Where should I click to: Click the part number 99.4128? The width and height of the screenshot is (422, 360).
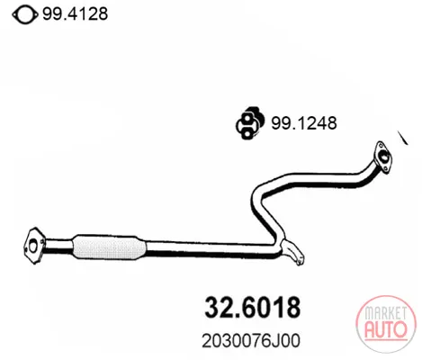[x=75, y=13]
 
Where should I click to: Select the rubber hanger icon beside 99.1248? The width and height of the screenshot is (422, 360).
[x=250, y=123]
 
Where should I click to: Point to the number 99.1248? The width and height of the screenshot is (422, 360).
[x=304, y=123]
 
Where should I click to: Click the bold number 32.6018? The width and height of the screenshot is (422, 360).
[x=252, y=307]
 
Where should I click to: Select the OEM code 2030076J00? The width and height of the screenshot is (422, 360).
[x=251, y=341]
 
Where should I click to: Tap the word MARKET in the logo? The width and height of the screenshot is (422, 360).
[x=386, y=314]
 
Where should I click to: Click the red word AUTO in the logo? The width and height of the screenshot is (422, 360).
[x=386, y=329]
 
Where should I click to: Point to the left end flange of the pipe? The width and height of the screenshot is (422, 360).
[x=34, y=246]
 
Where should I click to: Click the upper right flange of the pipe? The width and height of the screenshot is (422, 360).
[x=382, y=157]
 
